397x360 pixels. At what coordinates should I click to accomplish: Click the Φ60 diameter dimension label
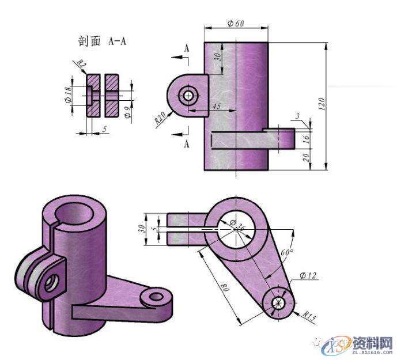click(236, 24)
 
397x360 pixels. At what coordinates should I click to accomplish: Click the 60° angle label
click(286, 252)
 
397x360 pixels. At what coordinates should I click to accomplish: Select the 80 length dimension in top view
click(225, 286)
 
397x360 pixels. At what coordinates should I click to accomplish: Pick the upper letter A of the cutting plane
click(187, 50)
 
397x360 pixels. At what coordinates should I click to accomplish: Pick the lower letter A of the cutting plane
click(187, 143)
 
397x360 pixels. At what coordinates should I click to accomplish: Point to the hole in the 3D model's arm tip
click(156, 297)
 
